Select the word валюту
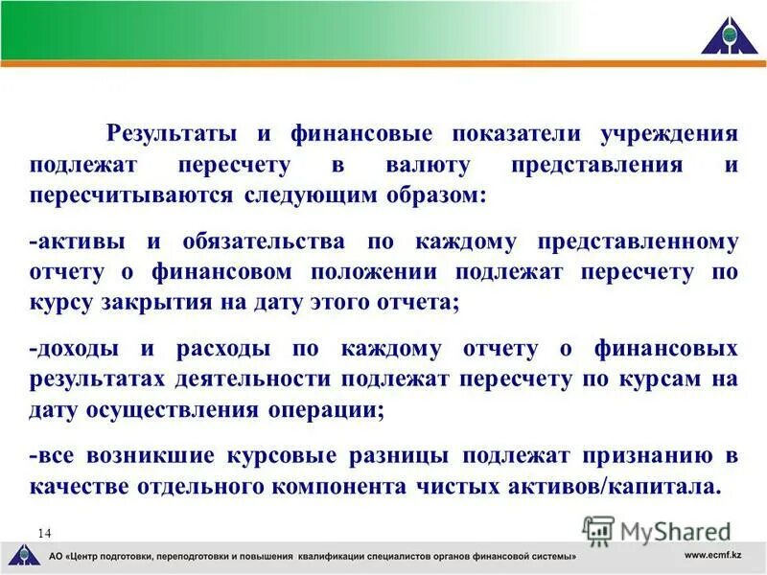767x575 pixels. (x=428, y=165)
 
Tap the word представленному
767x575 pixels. (x=638, y=241)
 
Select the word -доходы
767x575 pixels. (x=77, y=349)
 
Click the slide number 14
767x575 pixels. (x=44, y=532)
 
